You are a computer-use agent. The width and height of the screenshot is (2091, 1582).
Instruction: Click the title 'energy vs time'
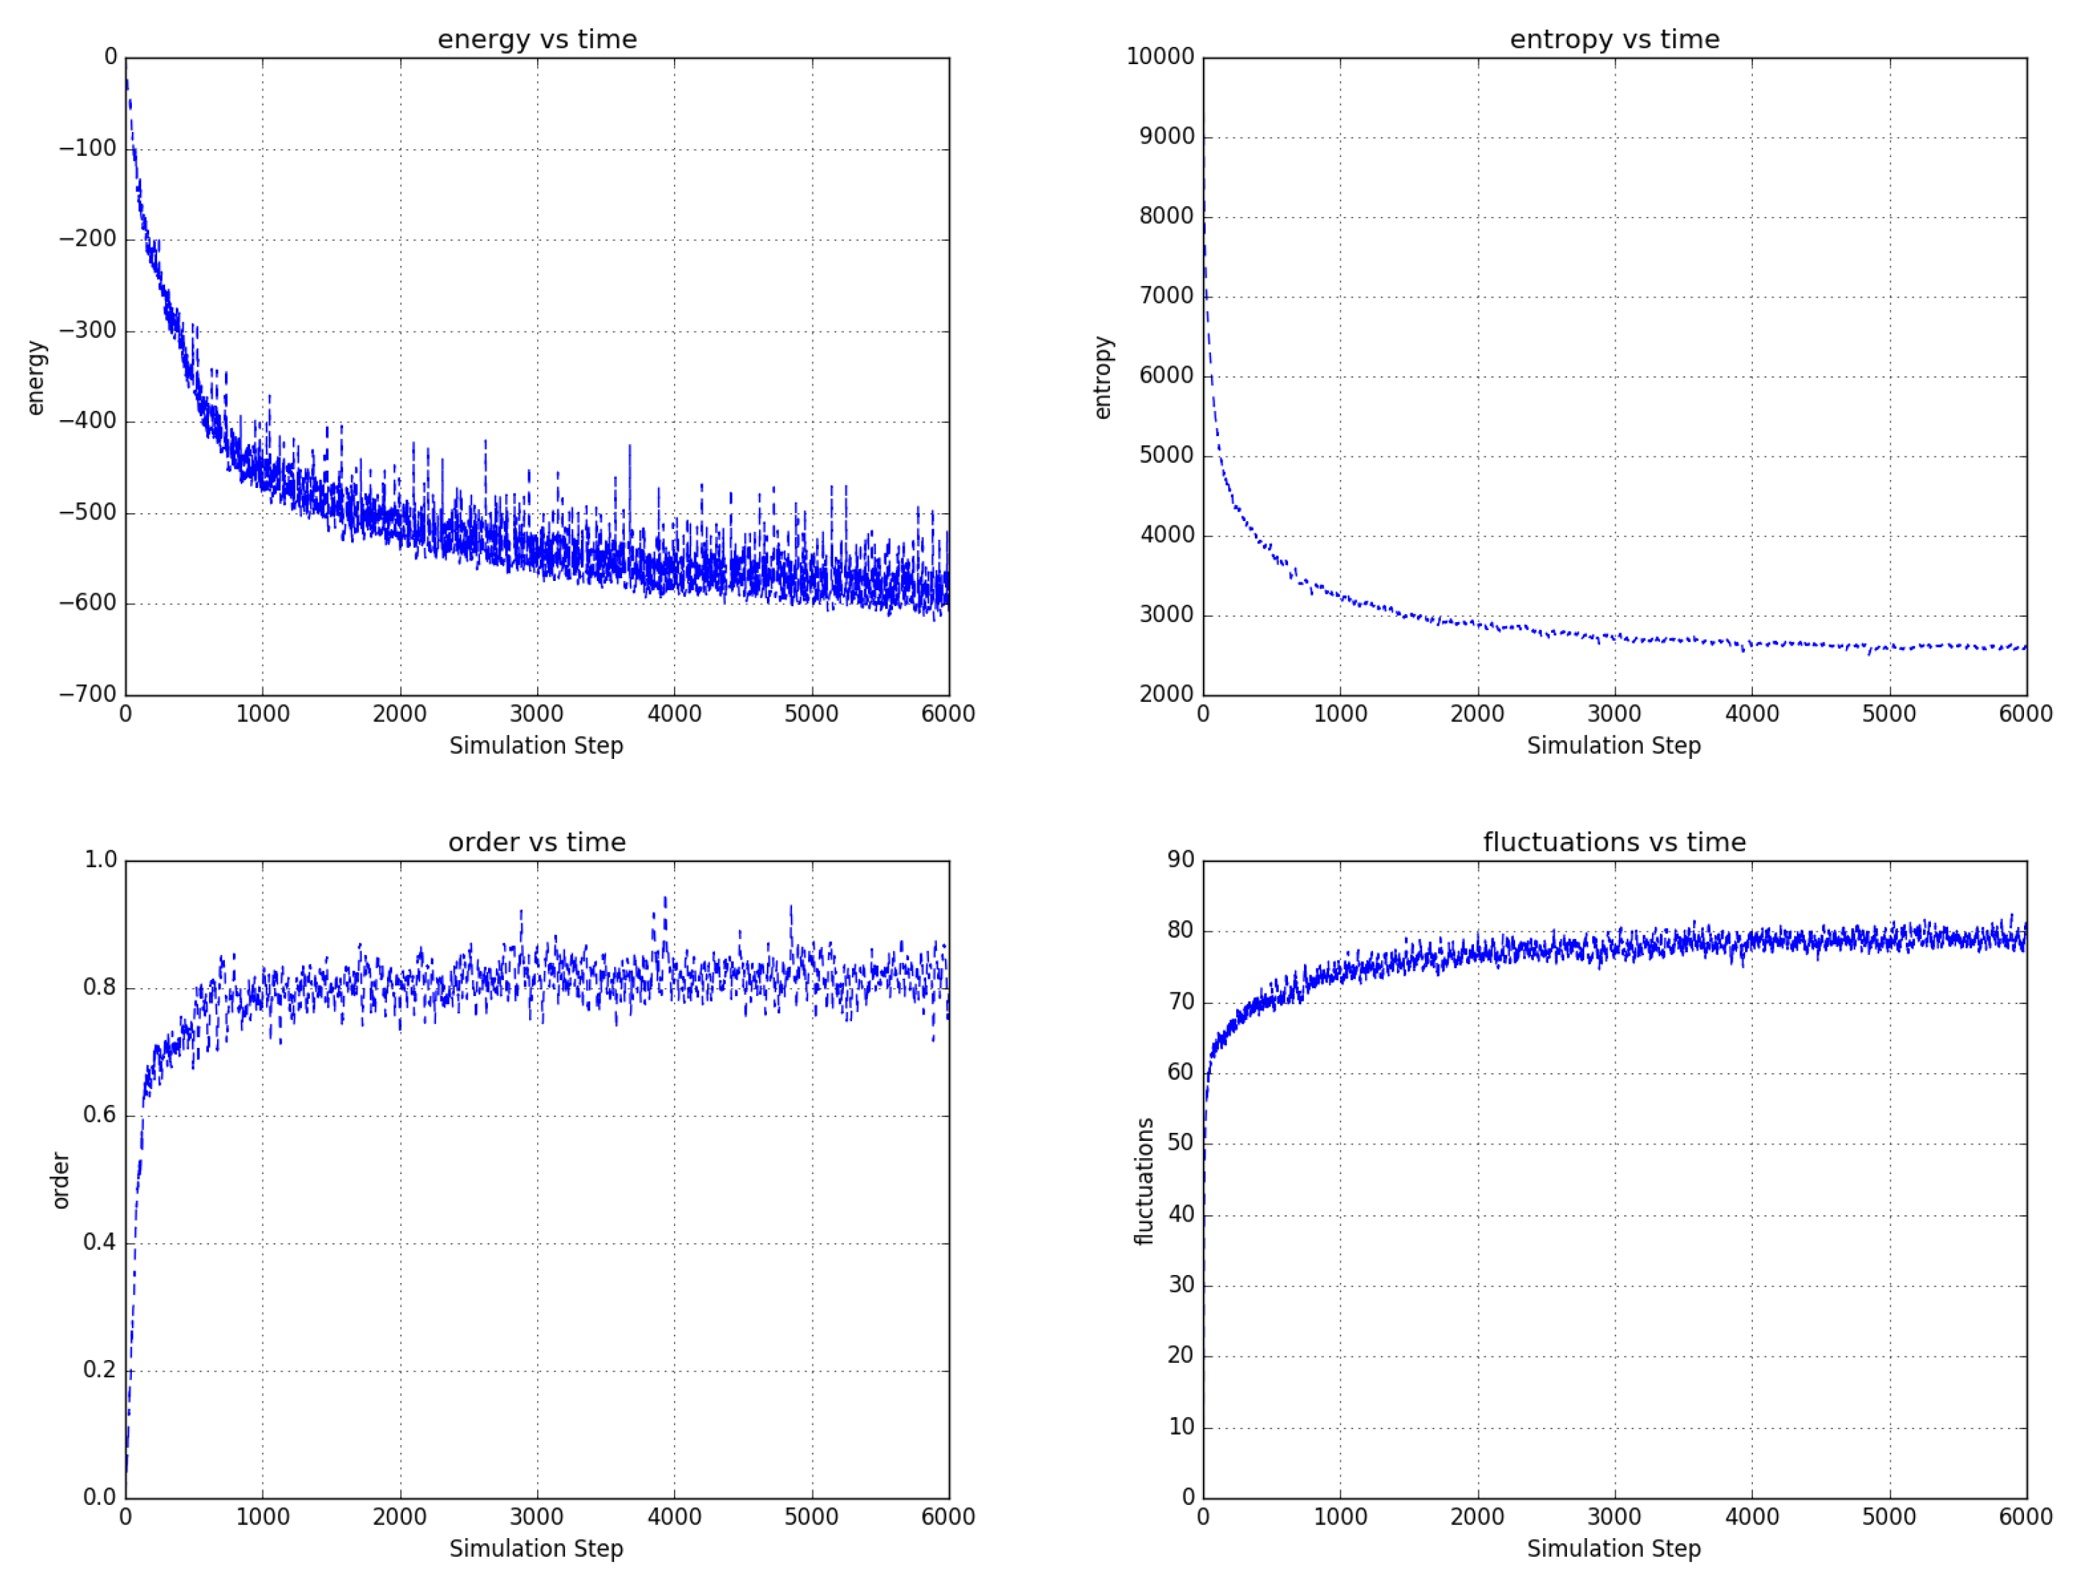537,40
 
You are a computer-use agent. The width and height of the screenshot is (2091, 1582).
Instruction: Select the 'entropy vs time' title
1615,40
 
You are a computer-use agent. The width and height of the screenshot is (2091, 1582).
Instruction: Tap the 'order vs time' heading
537,842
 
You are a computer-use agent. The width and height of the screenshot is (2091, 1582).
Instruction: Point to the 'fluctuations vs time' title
1615,842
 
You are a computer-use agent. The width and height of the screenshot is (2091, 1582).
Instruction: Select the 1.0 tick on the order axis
100,859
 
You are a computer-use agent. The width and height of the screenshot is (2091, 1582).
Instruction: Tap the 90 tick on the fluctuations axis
1181,859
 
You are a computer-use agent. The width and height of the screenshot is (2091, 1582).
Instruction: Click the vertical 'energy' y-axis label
36,377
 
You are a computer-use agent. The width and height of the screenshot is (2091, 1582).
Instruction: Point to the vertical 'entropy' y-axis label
1102,377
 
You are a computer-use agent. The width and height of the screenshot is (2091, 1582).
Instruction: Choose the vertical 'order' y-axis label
61,1181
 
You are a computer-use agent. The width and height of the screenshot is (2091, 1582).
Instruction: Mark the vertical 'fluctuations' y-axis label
1144,1181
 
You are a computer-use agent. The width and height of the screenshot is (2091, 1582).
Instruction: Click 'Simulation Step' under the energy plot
536,746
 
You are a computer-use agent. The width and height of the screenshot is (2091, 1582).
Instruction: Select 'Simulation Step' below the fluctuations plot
1614,1549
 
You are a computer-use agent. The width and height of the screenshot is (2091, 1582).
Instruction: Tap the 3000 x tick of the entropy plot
1615,714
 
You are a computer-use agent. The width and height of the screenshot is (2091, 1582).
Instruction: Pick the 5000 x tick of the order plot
811,1517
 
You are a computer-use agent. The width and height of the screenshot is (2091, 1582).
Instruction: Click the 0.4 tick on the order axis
100,1242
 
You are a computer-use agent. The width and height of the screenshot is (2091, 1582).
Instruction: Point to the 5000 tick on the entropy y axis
1166,455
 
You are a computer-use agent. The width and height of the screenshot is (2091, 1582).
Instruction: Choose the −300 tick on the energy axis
88,330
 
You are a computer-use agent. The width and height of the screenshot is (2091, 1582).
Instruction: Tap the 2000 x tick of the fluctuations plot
1478,1517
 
